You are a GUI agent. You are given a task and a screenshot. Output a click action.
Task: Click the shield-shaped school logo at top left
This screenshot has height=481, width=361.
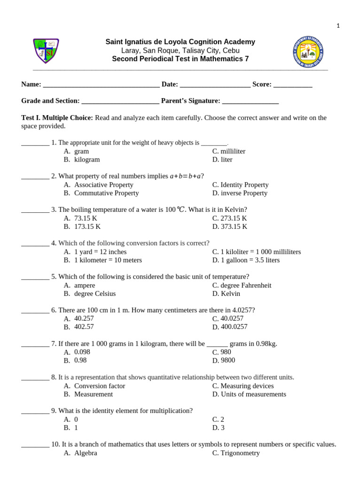click(x=46, y=51)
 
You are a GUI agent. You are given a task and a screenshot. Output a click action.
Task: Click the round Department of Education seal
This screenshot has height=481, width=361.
click(x=307, y=52)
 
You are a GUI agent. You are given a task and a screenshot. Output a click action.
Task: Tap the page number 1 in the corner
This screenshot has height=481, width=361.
click(x=337, y=26)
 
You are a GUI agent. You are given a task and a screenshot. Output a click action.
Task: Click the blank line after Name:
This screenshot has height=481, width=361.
click(x=101, y=85)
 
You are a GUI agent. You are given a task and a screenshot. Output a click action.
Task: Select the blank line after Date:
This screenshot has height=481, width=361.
click(x=215, y=85)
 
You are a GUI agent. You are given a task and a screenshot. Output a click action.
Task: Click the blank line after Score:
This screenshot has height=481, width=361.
click(x=292, y=85)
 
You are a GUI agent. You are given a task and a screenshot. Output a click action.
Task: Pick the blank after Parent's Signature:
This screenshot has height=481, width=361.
click(x=250, y=101)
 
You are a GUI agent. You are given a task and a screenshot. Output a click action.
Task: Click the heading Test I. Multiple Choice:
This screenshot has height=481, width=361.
click(x=57, y=118)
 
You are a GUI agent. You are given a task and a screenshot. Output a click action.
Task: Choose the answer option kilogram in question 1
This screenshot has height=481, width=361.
click(x=87, y=160)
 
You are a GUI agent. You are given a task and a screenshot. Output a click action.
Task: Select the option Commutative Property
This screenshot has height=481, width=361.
click(x=106, y=193)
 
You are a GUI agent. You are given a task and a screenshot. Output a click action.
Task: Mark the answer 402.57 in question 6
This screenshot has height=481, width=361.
click(x=84, y=327)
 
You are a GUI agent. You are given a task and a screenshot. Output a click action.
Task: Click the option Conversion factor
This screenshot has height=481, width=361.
click(x=100, y=386)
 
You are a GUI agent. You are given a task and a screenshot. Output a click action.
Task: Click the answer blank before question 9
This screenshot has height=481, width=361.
click(x=35, y=411)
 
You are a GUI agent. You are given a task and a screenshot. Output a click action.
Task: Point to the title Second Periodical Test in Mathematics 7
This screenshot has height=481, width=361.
click(x=180, y=59)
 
